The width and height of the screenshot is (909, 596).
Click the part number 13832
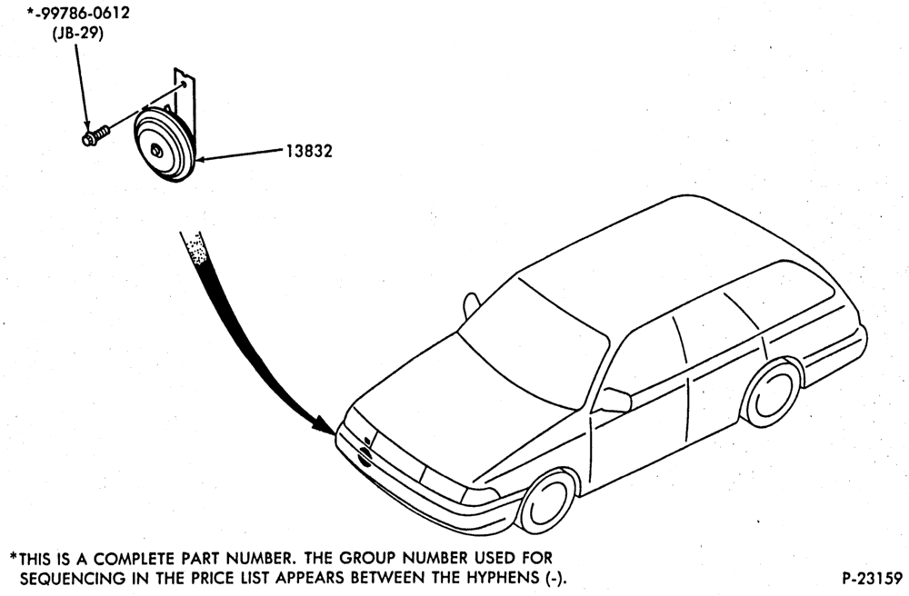point(309,151)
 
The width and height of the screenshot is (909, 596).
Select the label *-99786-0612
point(78,13)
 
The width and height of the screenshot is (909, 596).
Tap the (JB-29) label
point(77,33)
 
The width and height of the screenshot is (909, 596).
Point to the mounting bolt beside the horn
point(95,136)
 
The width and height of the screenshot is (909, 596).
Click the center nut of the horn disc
point(156,152)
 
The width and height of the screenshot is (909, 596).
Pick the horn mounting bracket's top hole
point(184,84)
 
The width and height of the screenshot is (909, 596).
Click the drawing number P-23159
point(872,578)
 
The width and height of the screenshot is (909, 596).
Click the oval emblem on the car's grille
point(365,457)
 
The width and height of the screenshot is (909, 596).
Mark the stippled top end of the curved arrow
point(196,248)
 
